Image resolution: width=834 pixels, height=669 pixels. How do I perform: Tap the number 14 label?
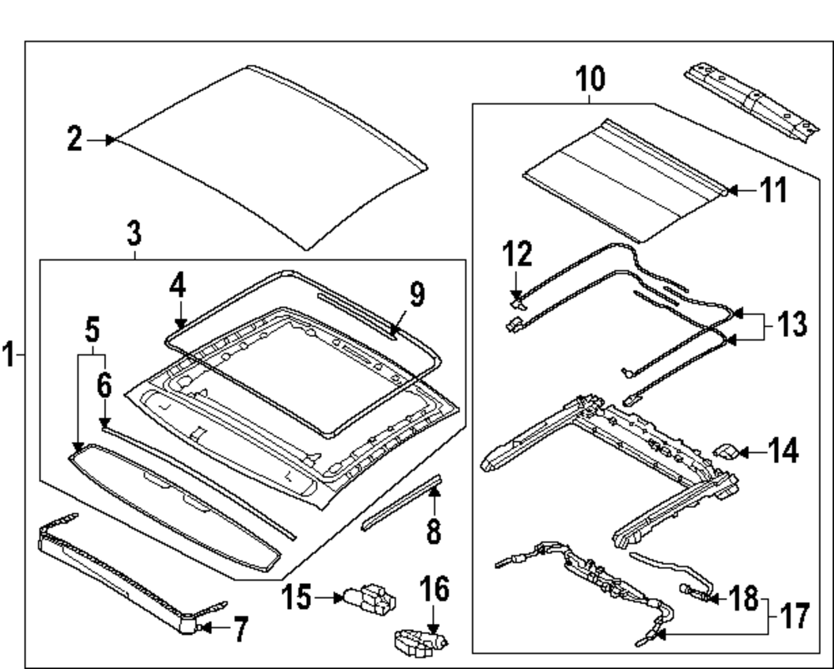(x=783, y=452)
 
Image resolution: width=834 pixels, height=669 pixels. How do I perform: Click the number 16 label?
(x=434, y=590)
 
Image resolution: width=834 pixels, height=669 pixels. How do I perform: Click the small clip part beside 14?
(x=726, y=452)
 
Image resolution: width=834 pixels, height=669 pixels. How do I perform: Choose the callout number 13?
(x=788, y=325)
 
